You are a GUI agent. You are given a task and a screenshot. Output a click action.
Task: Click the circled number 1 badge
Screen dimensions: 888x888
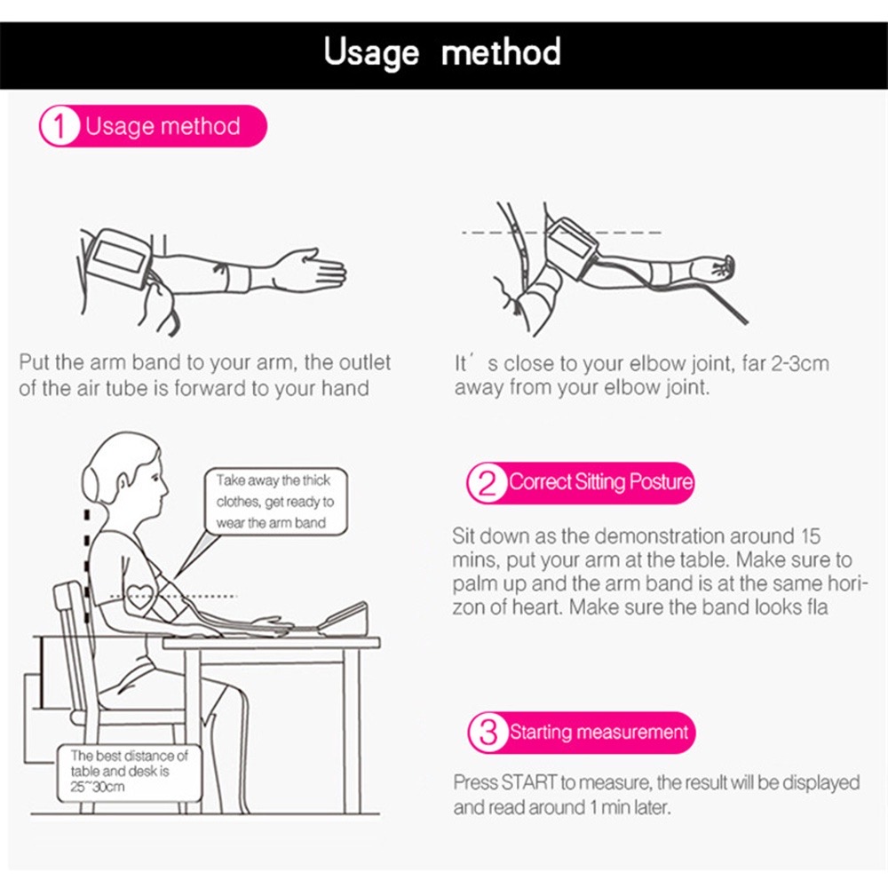tap(59, 126)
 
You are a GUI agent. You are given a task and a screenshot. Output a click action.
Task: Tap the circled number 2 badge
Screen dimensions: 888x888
tap(488, 483)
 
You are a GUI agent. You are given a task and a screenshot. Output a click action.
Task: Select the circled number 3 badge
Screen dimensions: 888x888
tap(488, 733)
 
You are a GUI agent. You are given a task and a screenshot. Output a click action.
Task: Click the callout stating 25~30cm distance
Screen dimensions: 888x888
tap(130, 770)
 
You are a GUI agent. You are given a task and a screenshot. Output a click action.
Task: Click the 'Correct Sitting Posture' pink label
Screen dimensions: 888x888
tap(599, 483)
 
